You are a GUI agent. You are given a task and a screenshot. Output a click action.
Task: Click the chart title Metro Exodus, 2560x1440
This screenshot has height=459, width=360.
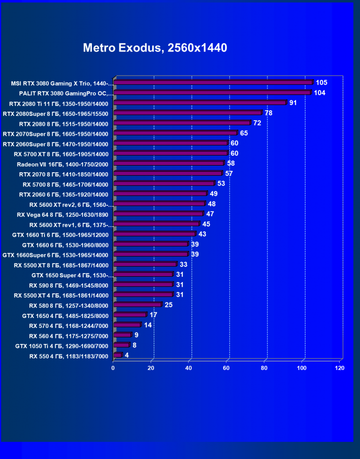click(x=155, y=48)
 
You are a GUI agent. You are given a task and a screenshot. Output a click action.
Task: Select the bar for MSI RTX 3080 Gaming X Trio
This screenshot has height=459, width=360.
click(x=213, y=82)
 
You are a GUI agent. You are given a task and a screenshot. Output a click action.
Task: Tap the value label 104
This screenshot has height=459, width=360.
click(x=319, y=93)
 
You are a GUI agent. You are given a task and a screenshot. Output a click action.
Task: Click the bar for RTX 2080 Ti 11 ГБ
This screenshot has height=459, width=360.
click(x=200, y=103)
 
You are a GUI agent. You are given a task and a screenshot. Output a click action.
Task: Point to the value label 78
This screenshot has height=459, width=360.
click(x=268, y=113)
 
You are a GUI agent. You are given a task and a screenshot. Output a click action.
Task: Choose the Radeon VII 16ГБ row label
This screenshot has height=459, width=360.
click(x=63, y=164)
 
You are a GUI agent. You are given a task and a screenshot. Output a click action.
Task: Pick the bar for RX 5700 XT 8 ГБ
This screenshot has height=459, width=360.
click(x=171, y=153)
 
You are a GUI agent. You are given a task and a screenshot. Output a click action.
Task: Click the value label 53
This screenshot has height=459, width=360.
click(x=221, y=184)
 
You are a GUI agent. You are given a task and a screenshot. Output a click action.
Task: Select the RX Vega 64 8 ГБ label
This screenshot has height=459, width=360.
click(x=63, y=214)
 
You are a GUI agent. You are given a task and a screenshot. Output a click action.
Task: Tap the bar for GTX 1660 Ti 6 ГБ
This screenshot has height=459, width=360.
click(x=155, y=234)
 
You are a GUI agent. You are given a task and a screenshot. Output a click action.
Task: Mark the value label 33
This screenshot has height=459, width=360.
click(x=183, y=265)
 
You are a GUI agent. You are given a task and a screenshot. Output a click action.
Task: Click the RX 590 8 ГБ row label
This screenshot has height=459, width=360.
click(x=69, y=285)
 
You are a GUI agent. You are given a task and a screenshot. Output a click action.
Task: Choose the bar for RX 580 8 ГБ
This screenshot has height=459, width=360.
click(x=138, y=305)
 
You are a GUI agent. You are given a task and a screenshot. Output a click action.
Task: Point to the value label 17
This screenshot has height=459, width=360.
click(x=153, y=315)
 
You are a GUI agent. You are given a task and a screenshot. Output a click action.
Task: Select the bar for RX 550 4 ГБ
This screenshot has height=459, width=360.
click(x=117, y=355)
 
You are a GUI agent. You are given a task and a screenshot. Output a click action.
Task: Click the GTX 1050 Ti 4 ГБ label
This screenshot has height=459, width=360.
click(x=62, y=346)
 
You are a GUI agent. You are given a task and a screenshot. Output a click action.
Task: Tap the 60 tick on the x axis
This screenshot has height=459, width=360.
click(x=226, y=368)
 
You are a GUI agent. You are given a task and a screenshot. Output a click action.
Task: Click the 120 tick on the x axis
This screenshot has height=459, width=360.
click(x=339, y=368)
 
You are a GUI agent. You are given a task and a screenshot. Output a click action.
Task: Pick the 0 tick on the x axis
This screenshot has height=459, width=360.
click(x=113, y=368)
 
